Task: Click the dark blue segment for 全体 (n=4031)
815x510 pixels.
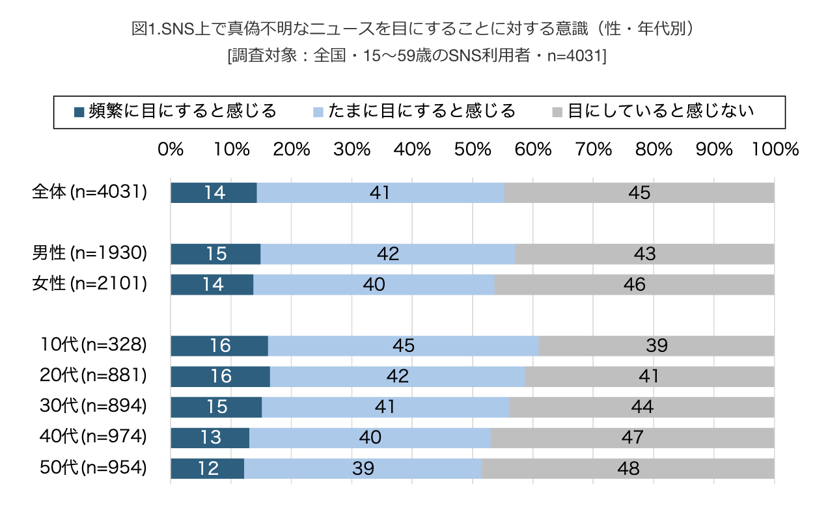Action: [x=214, y=193]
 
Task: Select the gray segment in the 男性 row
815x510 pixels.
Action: [x=644, y=254]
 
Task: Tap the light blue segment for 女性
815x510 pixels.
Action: [x=374, y=284]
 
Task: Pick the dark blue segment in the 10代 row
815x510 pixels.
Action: [x=219, y=345]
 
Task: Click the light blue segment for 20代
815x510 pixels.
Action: [x=397, y=376]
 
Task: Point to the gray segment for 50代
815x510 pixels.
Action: [x=628, y=468]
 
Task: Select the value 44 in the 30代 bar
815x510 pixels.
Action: [x=641, y=407]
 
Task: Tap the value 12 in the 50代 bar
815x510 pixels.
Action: [x=208, y=468]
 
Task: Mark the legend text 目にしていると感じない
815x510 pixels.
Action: [x=661, y=111]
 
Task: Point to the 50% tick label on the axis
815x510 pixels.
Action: [x=473, y=150]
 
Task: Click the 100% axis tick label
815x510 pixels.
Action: [x=775, y=150]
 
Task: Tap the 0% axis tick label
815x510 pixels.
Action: [x=171, y=150]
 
